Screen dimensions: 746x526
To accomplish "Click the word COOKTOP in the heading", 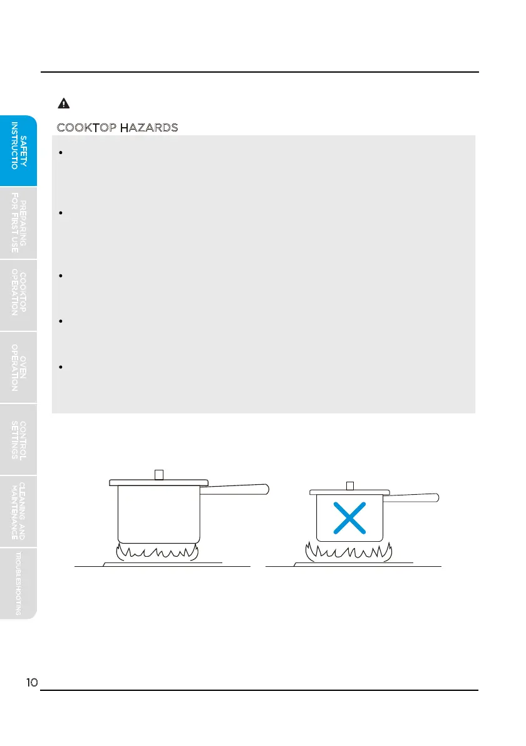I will [x=86, y=128].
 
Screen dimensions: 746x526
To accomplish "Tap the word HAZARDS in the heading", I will [x=149, y=128].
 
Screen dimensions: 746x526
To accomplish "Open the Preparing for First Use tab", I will [x=19, y=224].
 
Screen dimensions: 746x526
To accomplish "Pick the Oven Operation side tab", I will [x=19, y=367].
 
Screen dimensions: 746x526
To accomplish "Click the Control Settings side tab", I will [x=19, y=439].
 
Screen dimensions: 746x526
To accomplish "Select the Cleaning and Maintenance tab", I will [x=19, y=510].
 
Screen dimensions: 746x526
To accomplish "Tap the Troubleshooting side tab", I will [x=19, y=583].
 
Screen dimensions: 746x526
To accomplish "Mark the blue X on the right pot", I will [x=349, y=519].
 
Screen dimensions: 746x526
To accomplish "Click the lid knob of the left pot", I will [x=159, y=474].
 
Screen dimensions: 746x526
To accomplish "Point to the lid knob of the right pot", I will [x=350, y=485].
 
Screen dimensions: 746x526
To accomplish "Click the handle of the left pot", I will [x=238, y=489].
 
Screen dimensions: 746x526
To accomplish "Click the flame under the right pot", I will [x=349, y=552].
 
